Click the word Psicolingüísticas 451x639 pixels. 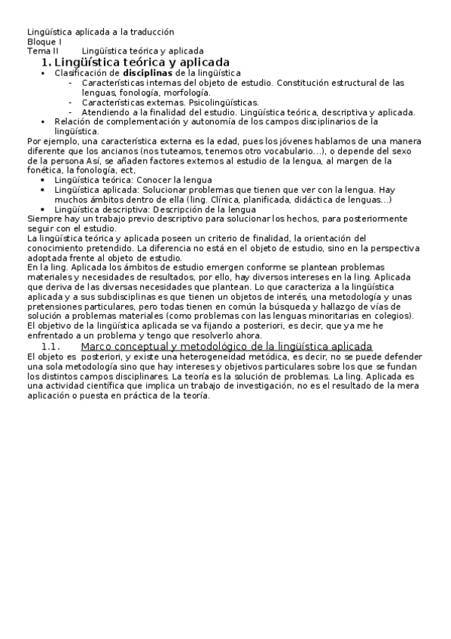pos(221,102)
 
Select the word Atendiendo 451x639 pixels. pos(105,112)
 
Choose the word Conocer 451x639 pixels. pos(157,180)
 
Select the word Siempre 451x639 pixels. pos(42,219)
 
